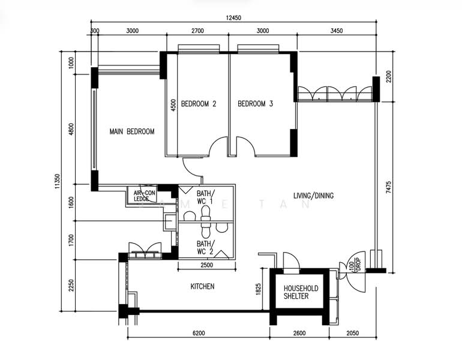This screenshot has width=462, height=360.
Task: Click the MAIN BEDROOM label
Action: pos(132,131)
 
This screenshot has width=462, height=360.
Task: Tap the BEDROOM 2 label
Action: pos(199,104)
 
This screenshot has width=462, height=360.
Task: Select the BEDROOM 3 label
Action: pos(255,104)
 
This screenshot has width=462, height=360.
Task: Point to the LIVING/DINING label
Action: pos(313,196)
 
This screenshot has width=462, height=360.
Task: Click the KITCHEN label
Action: pos(202,286)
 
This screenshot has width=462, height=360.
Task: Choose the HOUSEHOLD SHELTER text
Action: pos(301,292)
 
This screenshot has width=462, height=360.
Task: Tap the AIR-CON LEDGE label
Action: pos(144,196)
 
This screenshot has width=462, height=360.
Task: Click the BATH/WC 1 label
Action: pos(205,197)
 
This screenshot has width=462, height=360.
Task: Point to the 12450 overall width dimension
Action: pos(233,18)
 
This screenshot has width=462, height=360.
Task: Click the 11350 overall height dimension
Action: pos(58,181)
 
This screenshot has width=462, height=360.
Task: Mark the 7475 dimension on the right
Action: pos(389,187)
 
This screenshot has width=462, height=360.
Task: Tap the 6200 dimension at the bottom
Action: pos(199,333)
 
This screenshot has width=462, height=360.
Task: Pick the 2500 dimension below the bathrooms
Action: pos(207,265)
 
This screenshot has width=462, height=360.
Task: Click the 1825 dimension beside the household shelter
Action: pos(258,289)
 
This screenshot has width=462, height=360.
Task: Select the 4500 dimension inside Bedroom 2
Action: pos(173,105)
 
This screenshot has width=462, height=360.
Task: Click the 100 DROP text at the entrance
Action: pos(355,264)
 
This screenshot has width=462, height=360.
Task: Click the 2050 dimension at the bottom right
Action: pos(352,333)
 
